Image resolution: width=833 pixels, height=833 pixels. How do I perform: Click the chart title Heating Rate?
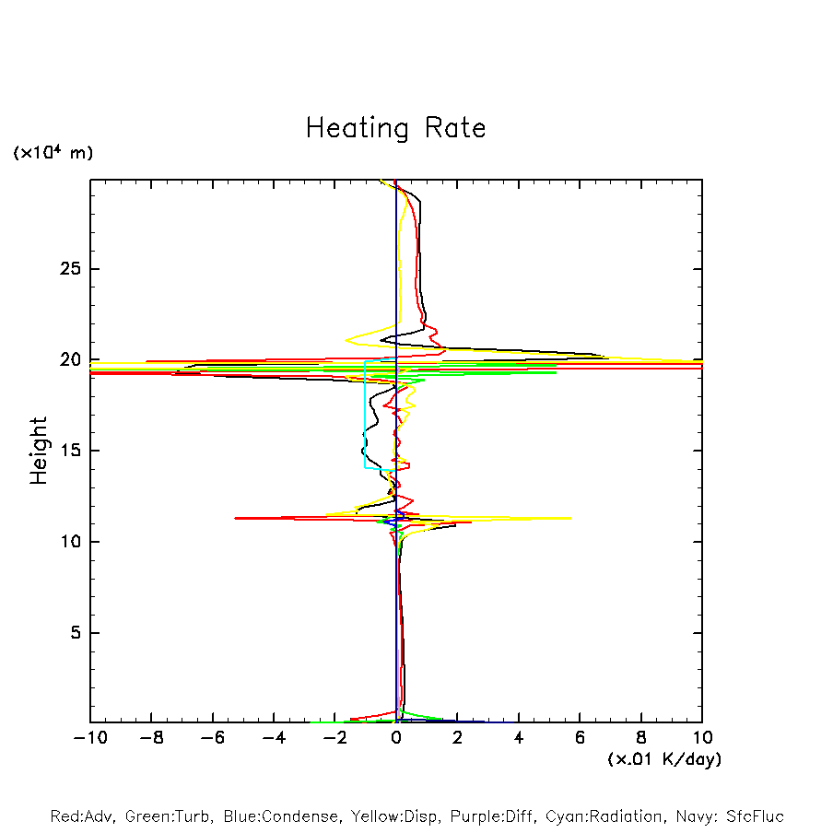395,128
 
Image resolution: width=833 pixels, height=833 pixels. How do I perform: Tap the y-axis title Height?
39,451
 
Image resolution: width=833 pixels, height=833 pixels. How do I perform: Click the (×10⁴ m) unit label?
53,153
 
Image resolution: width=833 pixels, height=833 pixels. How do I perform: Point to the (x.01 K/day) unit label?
663,759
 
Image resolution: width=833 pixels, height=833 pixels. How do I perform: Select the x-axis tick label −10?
89,738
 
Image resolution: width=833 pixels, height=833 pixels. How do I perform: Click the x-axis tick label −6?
212,738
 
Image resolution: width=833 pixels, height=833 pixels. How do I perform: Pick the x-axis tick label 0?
396,738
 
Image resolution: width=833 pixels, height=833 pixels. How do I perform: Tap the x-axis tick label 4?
519,738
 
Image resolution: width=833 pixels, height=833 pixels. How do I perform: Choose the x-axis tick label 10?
702,738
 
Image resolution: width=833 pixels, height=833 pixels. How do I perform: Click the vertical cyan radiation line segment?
366,415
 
